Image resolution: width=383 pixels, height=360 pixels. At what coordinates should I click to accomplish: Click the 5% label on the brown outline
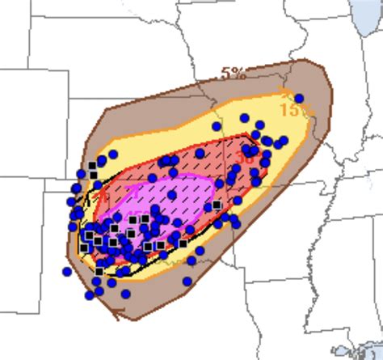click(234, 74)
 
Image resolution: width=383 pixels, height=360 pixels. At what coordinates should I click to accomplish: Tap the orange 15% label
click(292, 108)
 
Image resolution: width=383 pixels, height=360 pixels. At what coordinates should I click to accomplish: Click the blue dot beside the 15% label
click(299, 98)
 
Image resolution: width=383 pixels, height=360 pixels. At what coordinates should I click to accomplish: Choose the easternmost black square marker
click(217, 205)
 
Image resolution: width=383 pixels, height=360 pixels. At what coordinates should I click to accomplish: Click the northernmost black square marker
click(93, 165)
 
